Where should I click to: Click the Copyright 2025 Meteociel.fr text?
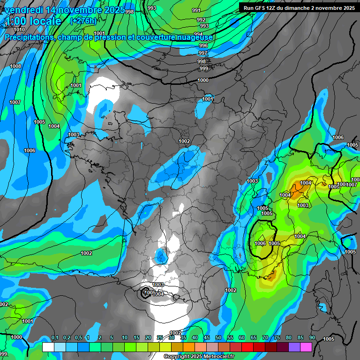199,356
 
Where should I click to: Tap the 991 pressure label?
196,10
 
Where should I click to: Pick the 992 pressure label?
201,20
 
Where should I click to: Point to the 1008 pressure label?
15,67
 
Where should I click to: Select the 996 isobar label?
203,45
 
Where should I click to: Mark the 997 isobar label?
202,53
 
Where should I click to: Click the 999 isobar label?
203,69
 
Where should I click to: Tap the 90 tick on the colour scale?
312,338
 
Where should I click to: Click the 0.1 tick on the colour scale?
54,338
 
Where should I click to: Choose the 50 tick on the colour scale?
218,338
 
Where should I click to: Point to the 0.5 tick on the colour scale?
78,338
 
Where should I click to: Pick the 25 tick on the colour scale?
160,338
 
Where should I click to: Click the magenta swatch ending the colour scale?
306,347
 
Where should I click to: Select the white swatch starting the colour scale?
48,347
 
